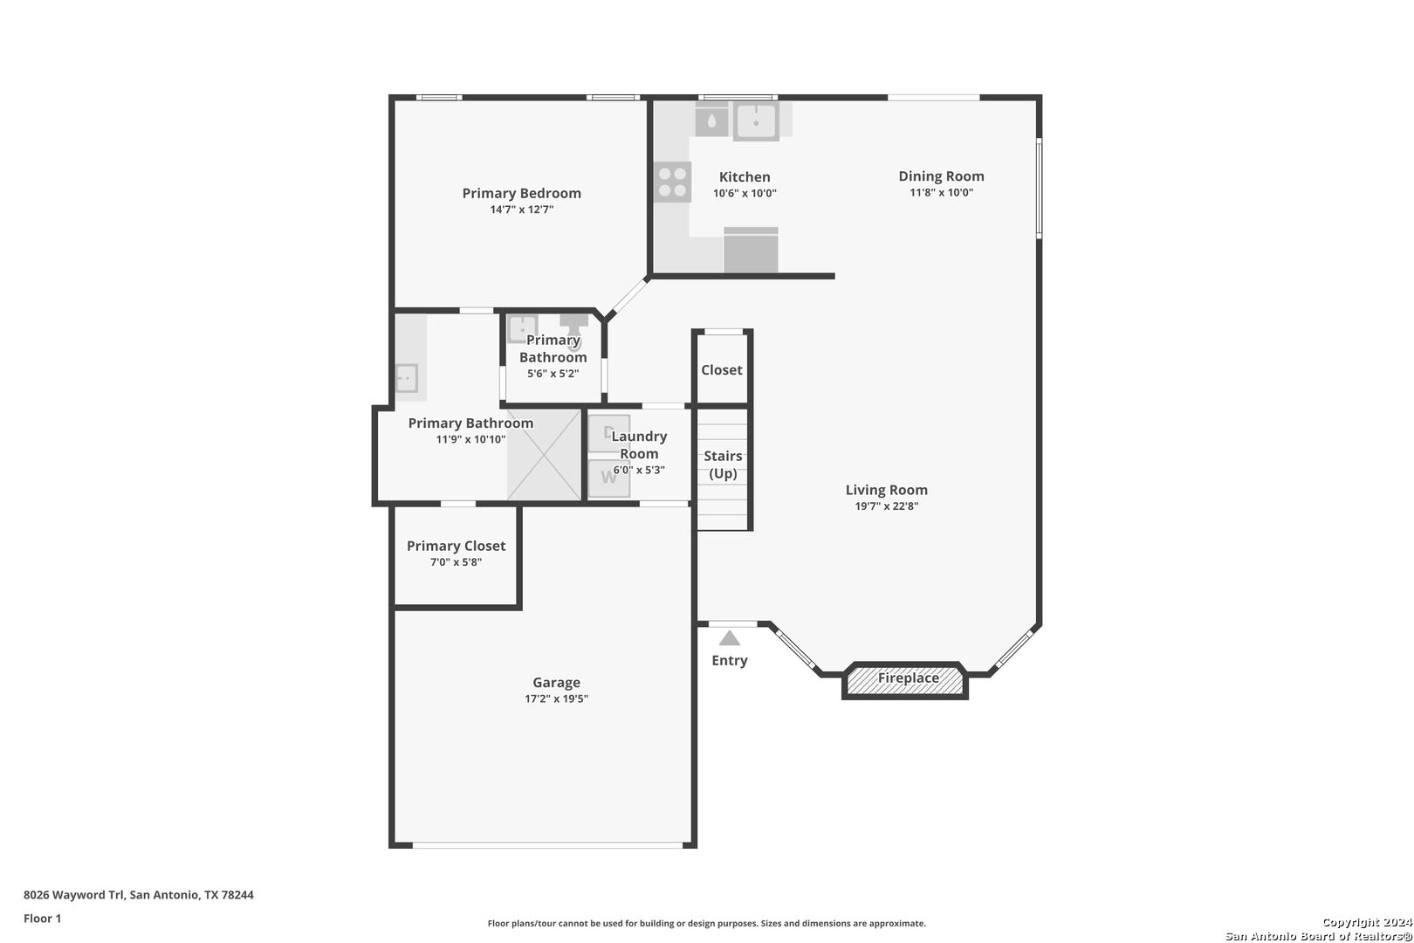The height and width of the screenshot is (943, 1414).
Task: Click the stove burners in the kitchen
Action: coord(672,182)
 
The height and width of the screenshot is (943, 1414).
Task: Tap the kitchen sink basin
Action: coord(756,120)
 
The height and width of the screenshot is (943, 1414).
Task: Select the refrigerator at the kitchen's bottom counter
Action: coord(751,250)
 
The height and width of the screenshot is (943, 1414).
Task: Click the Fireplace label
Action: coord(909,678)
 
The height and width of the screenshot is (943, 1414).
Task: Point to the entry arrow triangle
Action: coord(729,638)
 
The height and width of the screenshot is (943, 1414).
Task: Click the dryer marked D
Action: coord(609,433)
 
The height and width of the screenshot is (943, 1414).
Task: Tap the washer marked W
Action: coord(609,478)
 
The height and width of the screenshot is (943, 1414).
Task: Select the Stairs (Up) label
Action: coord(723,465)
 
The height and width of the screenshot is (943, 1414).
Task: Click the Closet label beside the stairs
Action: coord(722,370)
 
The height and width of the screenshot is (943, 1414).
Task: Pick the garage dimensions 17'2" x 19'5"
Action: coord(556,699)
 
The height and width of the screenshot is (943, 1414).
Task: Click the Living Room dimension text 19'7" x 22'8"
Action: coord(886,506)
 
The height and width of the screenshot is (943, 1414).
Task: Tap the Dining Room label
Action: coord(941,176)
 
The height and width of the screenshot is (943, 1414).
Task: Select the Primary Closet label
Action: coord(456,546)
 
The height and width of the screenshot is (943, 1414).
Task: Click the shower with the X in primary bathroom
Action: coord(544,455)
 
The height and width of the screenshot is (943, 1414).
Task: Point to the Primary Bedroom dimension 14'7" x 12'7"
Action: coord(521,210)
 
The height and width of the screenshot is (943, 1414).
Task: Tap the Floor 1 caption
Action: coord(42,919)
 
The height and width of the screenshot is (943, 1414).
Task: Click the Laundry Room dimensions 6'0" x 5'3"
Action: coord(639,470)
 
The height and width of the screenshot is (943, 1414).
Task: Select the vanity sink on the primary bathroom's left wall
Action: coord(406,378)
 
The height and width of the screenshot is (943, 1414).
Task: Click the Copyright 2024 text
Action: coord(1367,922)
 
